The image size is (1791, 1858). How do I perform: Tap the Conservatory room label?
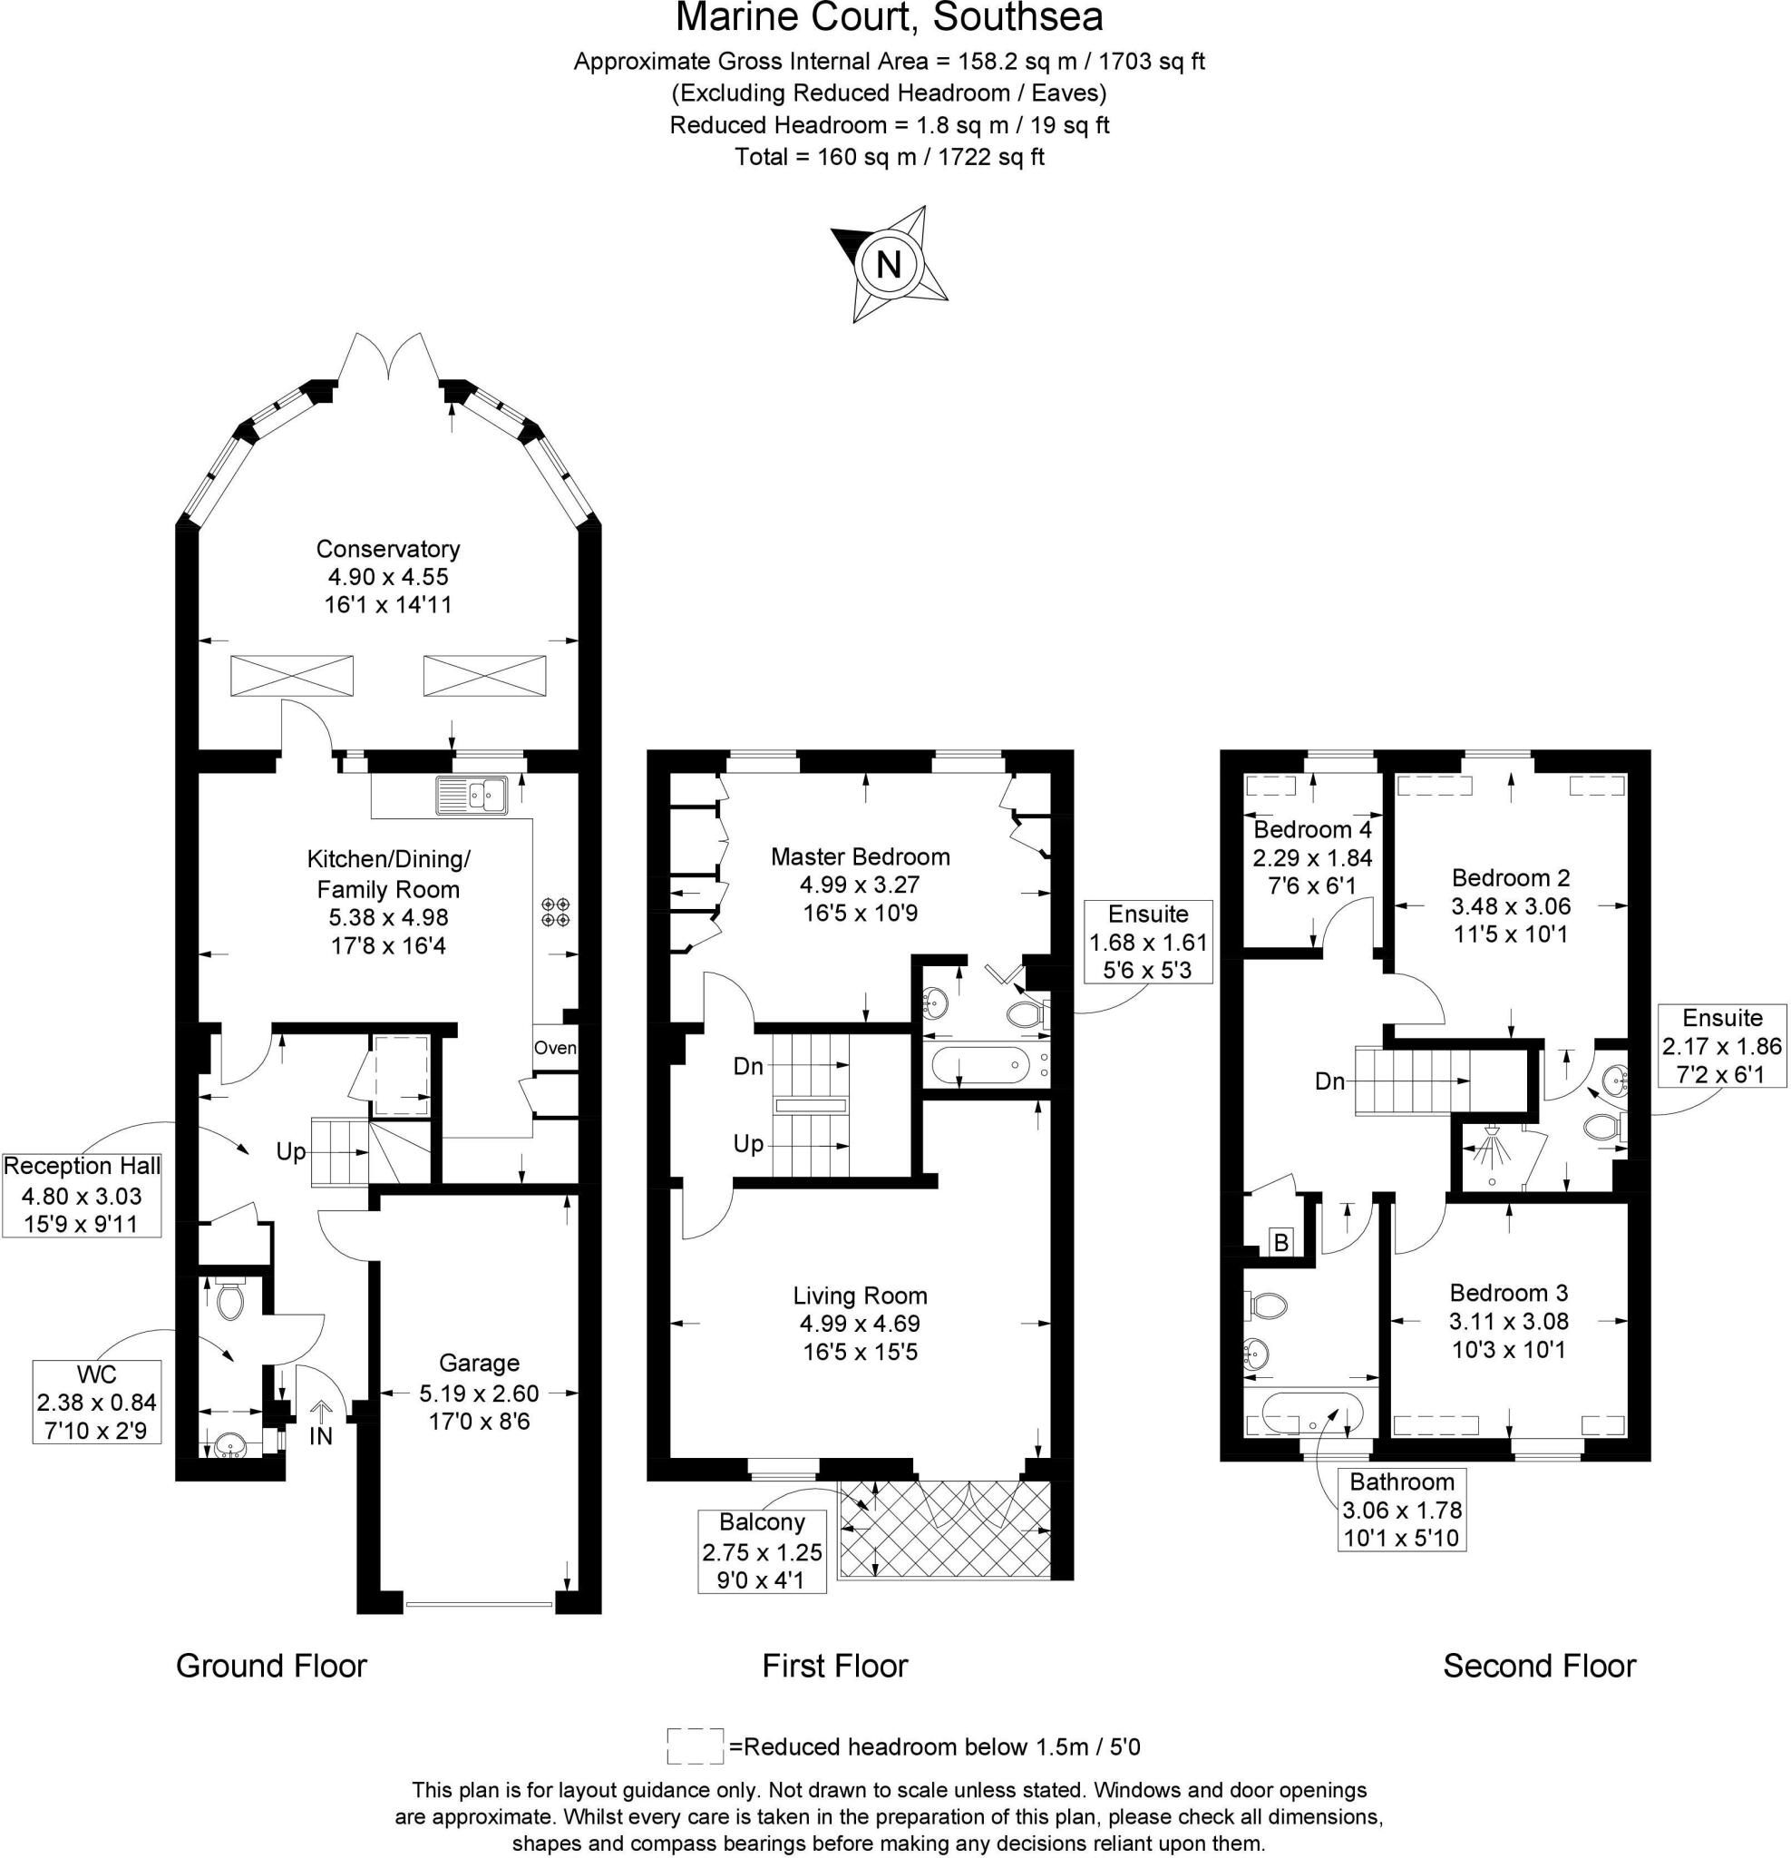[387, 549]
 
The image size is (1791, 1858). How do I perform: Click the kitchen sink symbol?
[472, 795]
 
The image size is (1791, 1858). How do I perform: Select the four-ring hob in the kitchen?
[555, 912]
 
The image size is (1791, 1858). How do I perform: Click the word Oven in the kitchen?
[554, 1048]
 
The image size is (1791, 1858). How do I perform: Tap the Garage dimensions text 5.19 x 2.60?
[479, 1393]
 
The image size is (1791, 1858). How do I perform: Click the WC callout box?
[97, 1402]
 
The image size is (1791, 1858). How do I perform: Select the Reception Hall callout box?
[82, 1195]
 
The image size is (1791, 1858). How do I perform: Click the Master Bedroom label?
[860, 857]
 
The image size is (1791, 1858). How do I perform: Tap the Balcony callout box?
[762, 1550]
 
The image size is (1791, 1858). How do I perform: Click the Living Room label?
[860, 1296]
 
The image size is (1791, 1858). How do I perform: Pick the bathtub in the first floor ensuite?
[981, 1065]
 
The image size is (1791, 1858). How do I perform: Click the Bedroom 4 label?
[1311, 829]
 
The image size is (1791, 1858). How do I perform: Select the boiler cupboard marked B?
[1281, 1242]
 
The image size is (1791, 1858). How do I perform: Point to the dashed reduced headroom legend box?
[695, 1746]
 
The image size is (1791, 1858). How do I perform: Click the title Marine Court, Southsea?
[889, 19]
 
